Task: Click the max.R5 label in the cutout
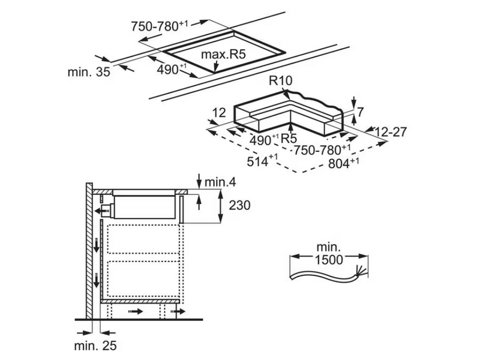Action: click(223, 55)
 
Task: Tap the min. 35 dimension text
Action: click(89, 72)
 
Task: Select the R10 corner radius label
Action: click(281, 81)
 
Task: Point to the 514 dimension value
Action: click(262, 161)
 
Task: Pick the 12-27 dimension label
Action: click(391, 132)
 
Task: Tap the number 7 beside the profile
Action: click(360, 112)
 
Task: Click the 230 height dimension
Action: click(239, 205)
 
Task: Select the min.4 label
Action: click(220, 182)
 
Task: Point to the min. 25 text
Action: click(95, 346)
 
